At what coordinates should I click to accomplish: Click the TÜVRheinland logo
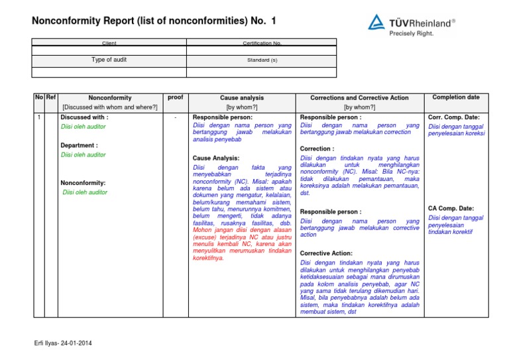coord(411,23)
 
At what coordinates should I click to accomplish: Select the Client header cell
coord(109,43)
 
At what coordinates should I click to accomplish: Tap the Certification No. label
coord(262,43)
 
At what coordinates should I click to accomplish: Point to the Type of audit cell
coord(109,60)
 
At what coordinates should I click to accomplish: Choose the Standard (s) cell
coord(262,60)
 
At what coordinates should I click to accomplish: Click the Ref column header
coord(51,97)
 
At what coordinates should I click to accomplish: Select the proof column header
coord(176,97)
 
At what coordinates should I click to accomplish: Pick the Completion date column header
coord(456,97)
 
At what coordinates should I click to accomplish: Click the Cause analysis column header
coord(242,97)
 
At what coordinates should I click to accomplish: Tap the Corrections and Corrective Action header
coord(359,97)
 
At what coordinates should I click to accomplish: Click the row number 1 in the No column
coord(39,117)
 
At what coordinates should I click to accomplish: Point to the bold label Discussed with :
coord(84,117)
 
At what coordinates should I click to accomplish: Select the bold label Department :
coord(79,145)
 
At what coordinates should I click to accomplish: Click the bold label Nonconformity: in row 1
coord(84,182)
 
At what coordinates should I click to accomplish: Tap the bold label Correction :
coord(317,149)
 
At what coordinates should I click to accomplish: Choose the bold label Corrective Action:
coord(326,253)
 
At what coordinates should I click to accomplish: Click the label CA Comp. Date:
coord(451,208)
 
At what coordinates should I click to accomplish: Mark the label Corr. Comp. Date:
coord(454,117)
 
